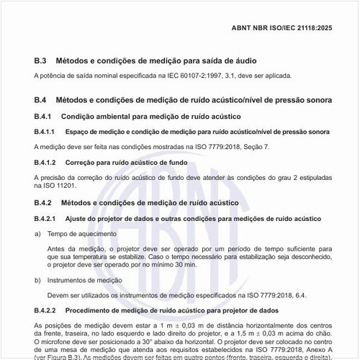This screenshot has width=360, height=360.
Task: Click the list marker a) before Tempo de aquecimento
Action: click(x=37, y=234)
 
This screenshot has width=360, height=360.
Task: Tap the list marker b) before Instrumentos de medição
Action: click(x=37, y=279)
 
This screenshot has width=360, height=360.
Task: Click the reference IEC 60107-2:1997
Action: click(x=186, y=76)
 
